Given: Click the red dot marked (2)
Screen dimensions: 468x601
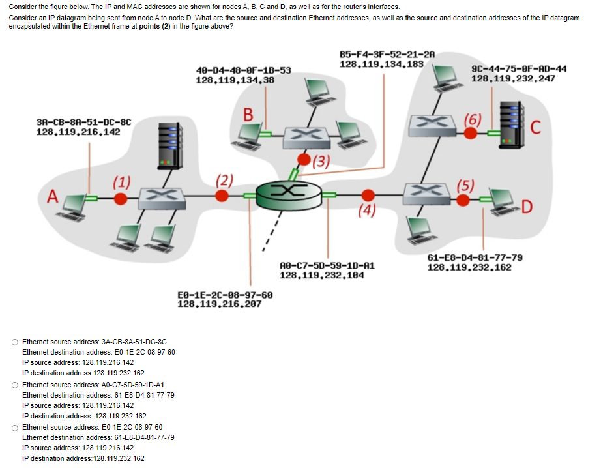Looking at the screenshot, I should pyautogui.click(x=223, y=197).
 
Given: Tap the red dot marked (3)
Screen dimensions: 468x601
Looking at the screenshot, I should pyautogui.click(x=304, y=158).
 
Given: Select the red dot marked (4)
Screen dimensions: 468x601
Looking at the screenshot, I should pyautogui.click(x=368, y=194).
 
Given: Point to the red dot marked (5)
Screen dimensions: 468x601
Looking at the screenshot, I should pyautogui.click(x=463, y=200).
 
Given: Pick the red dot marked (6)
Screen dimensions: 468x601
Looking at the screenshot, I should pyautogui.click(x=469, y=134).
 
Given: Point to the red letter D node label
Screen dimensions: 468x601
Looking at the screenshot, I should pyautogui.click(x=527, y=208).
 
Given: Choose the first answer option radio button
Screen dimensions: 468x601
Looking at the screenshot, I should pyautogui.click(x=15, y=342).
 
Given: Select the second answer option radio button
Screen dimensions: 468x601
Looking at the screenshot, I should pyautogui.click(x=15, y=385).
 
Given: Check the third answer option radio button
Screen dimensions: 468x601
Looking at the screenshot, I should pyautogui.click(x=15, y=428).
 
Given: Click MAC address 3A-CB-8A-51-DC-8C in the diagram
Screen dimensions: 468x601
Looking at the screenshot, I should pyautogui.click(x=84, y=122).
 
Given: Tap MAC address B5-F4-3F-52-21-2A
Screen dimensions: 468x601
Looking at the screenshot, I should pyautogui.click(x=387, y=55).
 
